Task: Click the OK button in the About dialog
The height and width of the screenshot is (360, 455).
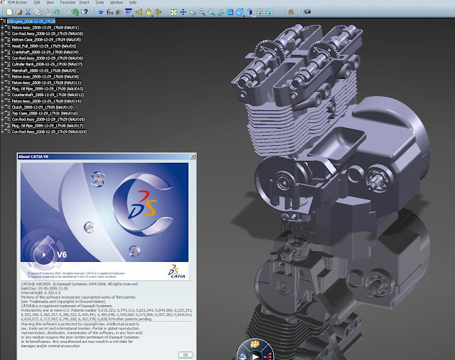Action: click(x=184, y=354)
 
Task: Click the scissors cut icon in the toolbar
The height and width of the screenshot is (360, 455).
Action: click(x=26, y=11)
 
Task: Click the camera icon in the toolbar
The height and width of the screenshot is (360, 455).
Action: click(x=308, y=11)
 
